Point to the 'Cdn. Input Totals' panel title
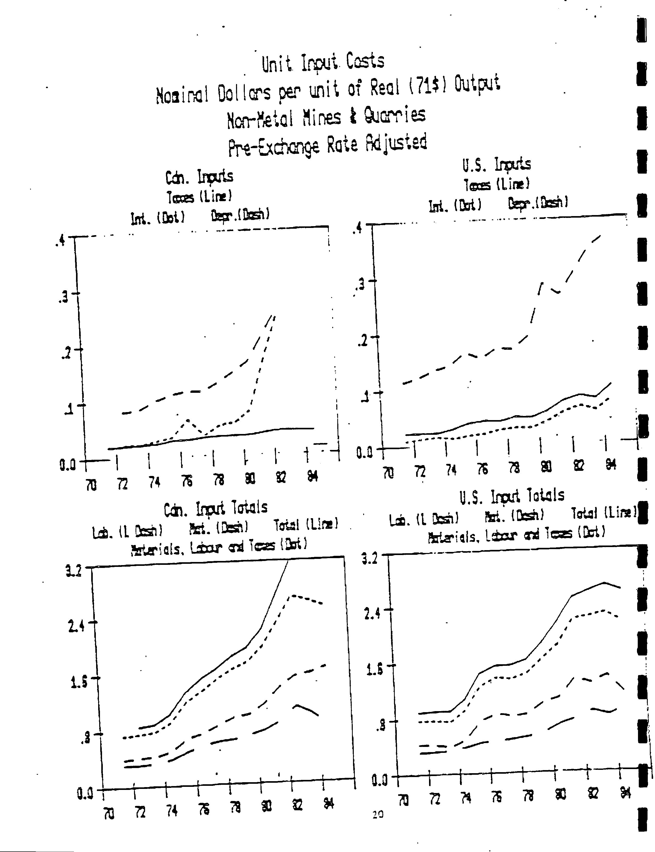216,508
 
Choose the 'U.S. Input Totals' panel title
511,496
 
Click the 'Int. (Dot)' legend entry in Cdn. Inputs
157,218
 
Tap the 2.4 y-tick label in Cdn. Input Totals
77,627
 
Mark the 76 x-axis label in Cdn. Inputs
187,482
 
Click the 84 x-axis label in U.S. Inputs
611,465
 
